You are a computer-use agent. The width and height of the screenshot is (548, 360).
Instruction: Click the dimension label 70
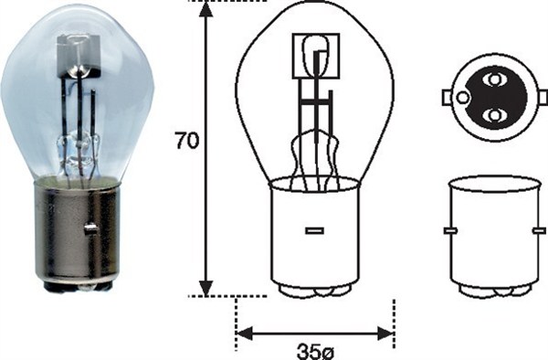pos(187,142)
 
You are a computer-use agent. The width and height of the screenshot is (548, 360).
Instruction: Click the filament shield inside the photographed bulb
pos(78,55)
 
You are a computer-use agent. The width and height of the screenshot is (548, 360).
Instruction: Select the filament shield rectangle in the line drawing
pos(315,55)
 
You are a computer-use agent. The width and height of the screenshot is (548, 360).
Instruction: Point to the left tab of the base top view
pos(447,97)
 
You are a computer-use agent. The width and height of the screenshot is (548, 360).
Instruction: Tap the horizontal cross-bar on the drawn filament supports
pos(315,102)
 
